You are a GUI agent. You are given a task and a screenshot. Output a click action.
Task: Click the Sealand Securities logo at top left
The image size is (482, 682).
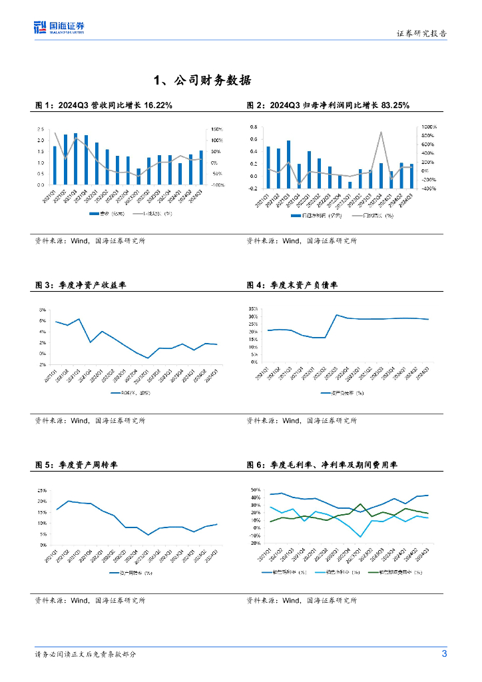(59, 27)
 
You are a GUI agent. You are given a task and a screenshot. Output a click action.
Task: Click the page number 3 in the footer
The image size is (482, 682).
(444, 653)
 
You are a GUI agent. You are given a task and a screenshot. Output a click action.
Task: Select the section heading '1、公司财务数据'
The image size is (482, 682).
(202, 81)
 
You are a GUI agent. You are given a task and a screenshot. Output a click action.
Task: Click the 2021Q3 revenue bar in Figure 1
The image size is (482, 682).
(75, 159)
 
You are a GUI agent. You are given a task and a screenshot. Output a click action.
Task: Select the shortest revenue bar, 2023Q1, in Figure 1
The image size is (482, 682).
(138, 176)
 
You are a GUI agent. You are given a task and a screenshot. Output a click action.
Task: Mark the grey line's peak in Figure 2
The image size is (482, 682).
(381, 132)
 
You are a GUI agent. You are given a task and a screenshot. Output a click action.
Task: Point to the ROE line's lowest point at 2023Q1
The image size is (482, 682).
(148, 358)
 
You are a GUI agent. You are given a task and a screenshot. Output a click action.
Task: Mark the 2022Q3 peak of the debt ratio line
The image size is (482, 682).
(337, 315)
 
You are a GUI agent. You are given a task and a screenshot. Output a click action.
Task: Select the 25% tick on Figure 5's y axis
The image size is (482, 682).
(41, 490)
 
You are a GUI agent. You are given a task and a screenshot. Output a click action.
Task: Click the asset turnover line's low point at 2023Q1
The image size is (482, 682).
(148, 535)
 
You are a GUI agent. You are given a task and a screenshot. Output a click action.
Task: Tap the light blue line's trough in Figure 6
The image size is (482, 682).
(360, 537)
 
